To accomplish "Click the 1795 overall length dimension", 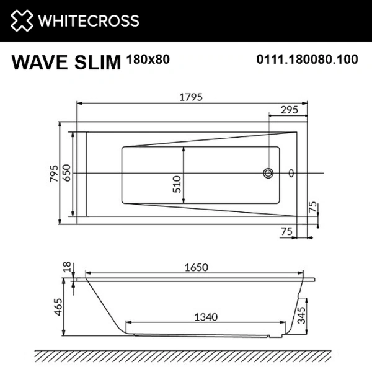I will coord(192,97).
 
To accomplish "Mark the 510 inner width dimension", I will coord(177,184).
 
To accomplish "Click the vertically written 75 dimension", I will coord(314,206).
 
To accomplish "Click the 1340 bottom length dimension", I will coord(205,317).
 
